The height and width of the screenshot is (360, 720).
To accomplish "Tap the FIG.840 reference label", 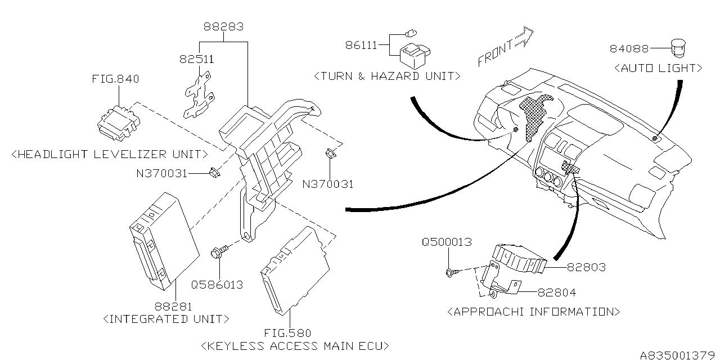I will point(116,79).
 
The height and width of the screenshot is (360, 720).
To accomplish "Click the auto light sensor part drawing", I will point(679,47).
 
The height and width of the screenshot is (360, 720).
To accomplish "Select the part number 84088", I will point(629,49).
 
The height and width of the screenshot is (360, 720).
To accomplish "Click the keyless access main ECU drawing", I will point(295,268).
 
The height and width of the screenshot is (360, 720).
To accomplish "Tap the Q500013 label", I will point(447,242).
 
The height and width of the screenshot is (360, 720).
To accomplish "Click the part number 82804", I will point(557,292).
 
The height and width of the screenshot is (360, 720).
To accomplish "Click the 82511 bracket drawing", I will point(197,94).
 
